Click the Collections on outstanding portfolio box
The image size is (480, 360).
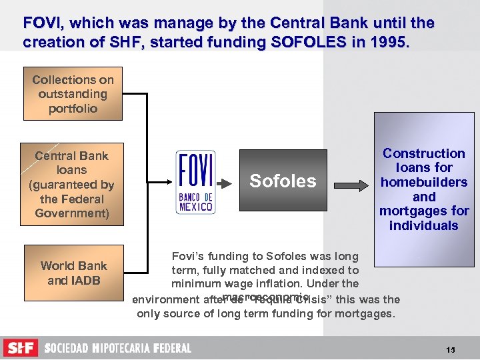(73, 93)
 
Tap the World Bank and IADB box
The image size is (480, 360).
(73, 273)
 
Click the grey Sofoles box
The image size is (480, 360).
(283, 181)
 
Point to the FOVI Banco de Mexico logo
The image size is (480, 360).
(195, 181)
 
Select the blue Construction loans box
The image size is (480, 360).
(424, 189)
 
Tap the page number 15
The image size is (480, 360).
(451, 349)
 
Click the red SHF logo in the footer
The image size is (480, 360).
(21, 348)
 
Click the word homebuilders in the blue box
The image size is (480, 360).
(424, 182)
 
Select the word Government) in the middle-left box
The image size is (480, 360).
(72, 213)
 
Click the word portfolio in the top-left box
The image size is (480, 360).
(73, 108)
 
